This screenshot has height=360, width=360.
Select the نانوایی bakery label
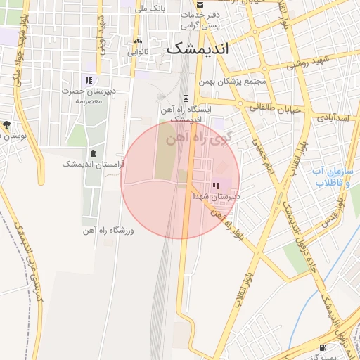[x=137, y=52]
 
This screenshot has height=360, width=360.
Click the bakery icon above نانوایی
[x=138, y=41]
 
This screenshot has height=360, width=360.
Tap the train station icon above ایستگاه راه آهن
[x=186, y=98]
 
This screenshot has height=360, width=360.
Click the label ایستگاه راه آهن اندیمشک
[x=186, y=114]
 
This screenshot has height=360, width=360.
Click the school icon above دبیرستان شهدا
[x=216, y=186]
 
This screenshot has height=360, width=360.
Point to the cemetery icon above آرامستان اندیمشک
[x=92, y=153]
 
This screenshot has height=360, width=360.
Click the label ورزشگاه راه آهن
[x=108, y=230]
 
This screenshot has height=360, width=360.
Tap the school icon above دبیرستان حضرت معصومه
[x=89, y=80]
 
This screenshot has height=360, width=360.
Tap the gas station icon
[x=323, y=347]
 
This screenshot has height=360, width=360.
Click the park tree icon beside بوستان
[x=6, y=124]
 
